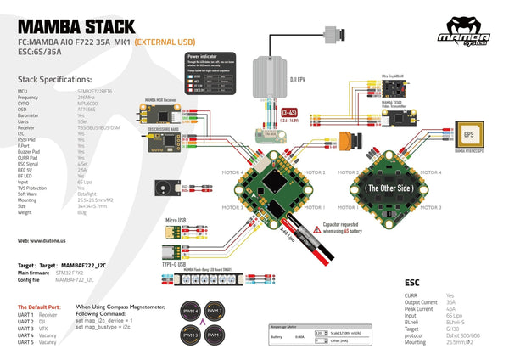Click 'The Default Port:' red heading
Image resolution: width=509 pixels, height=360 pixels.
click(38, 306)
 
